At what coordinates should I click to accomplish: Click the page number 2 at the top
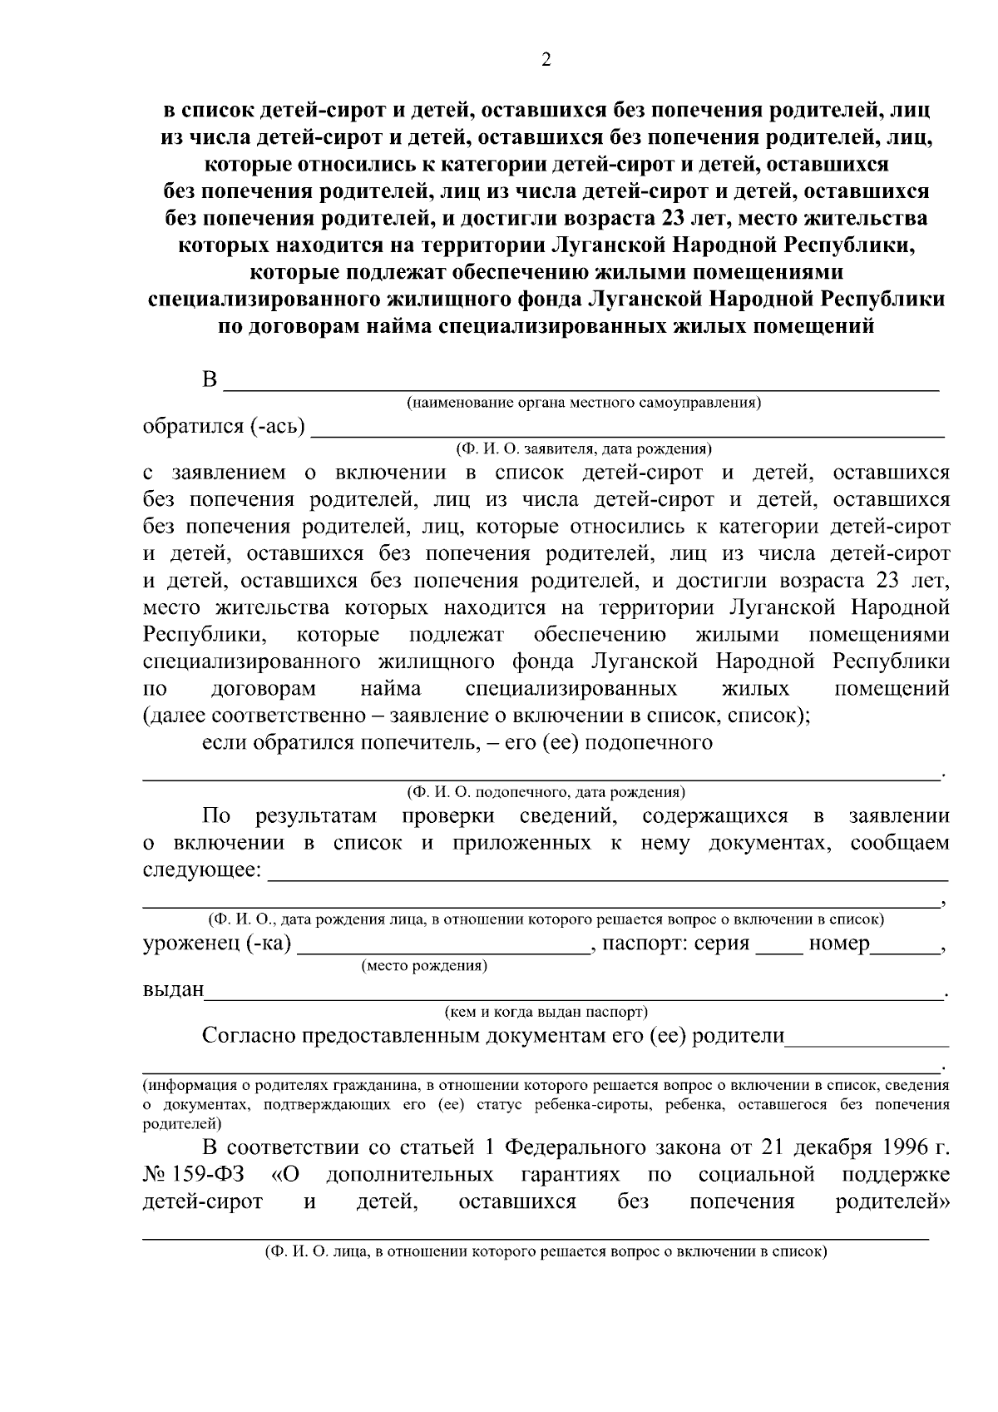(546, 60)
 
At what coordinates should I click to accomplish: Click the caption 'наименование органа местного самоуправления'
(584, 404)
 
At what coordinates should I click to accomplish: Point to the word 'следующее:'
(201, 870)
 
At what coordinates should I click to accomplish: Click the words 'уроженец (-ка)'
(216, 944)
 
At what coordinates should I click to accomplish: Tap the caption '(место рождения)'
(424, 966)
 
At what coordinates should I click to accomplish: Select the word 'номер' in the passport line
(839, 944)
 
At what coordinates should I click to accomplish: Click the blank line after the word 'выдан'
(574, 994)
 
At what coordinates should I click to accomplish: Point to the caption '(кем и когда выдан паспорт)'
(546, 1013)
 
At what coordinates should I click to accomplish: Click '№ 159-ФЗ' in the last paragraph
(193, 1175)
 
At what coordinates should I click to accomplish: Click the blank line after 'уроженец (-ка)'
(442, 949)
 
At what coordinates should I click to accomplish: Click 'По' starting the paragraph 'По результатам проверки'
(216, 816)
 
